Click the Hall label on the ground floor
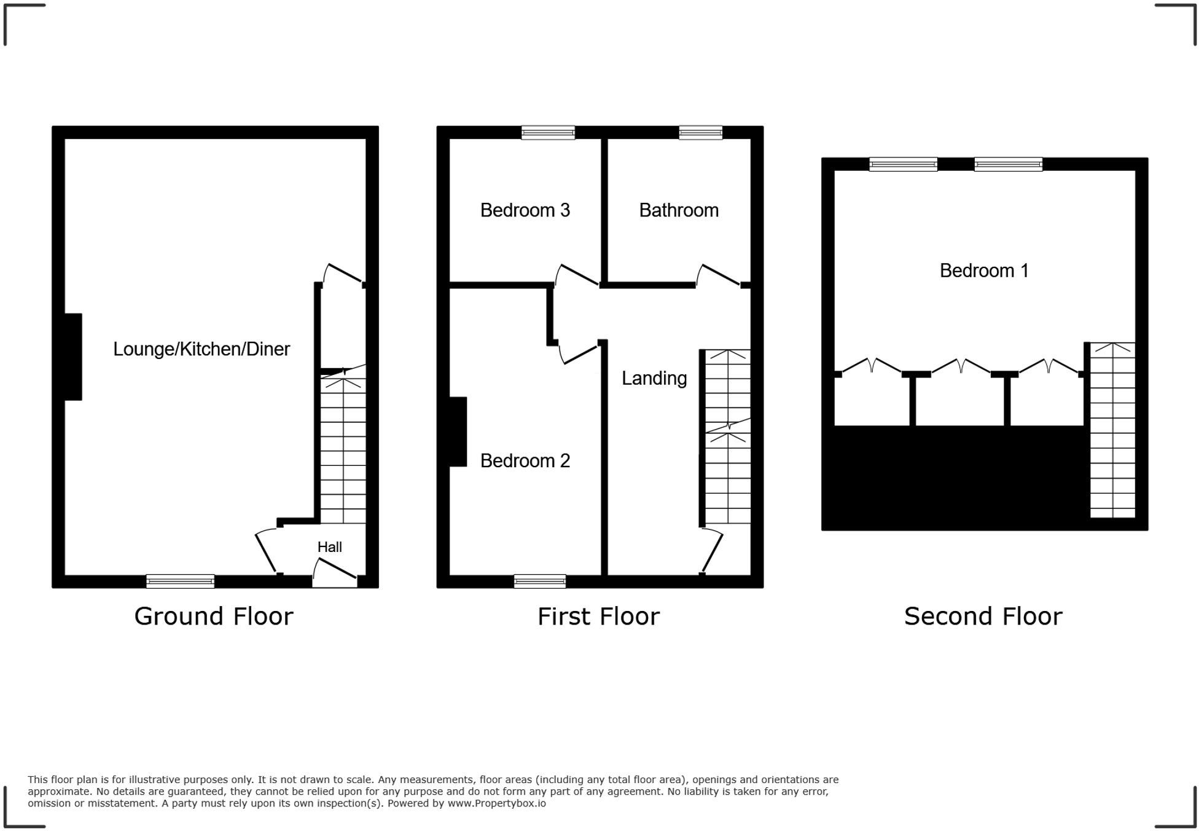coord(329,547)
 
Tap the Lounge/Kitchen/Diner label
coord(201,349)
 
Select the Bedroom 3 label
coord(525,210)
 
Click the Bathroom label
coord(679,210)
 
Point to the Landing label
coord(654,378)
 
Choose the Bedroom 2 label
coord(525,460)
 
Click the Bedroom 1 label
coord(984,270)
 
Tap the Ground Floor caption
coord(213,616)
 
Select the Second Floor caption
coord(983,616)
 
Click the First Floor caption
coord(598,616)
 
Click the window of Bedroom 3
coord(548,133)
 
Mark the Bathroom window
coord(700,133)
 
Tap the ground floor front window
coord(180,581)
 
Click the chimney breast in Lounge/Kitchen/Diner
coord(73,356)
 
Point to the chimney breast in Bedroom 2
coord(458,431)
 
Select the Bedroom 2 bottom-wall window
coord(539,581)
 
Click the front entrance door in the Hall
coord(335,570)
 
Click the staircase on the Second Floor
coord(1112,430)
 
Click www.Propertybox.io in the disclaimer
coord(496,803)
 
